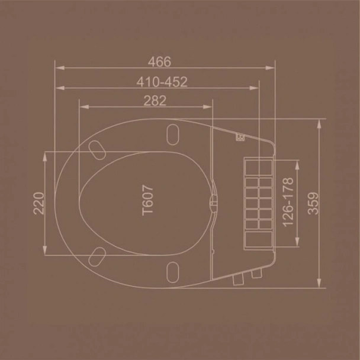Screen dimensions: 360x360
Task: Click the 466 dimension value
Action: (160, 61)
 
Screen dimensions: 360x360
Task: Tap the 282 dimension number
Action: (155, 100)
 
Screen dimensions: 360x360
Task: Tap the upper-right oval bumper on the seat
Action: (173, 134)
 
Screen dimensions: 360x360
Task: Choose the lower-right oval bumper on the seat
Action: (173, 272)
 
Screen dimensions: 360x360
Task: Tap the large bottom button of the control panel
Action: (258, 240)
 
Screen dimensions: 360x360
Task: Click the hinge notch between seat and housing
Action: (213, 202)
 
